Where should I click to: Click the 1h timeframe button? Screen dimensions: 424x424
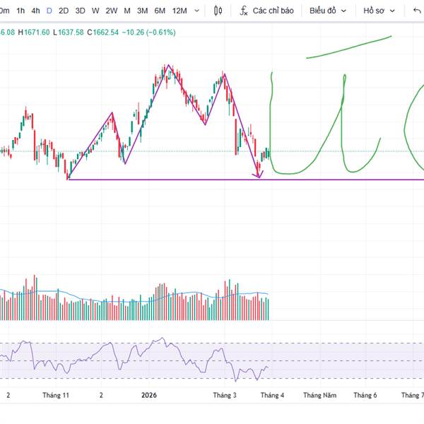click(x=20, y=11)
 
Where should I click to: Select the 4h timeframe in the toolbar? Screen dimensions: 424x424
click(x=35, y=11)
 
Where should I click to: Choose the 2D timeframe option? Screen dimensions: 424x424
click(x=64, y=11)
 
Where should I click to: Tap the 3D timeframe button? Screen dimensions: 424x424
click(x=80, y=11)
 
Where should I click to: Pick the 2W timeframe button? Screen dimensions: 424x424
click(x=112, y=11)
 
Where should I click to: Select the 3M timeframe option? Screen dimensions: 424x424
click(x=142, y=11)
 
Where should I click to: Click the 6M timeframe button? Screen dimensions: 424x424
click(x=160, y=11)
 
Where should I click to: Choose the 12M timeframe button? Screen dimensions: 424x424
click(x=179, y=11)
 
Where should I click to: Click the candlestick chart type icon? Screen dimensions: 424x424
click(x=217, y=11)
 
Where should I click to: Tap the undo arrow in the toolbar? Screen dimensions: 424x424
click(x=416, y=11)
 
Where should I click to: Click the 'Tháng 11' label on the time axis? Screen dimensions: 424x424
click(x=56, y=396)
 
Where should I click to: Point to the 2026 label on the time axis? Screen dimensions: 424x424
click(x=149, y=396)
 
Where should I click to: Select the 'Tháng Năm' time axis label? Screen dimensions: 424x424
click(x=320, y=396)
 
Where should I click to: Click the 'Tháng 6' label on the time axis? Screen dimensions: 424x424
click(x=365, y=396)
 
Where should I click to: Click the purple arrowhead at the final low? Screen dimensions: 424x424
click(x=259, y=175)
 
